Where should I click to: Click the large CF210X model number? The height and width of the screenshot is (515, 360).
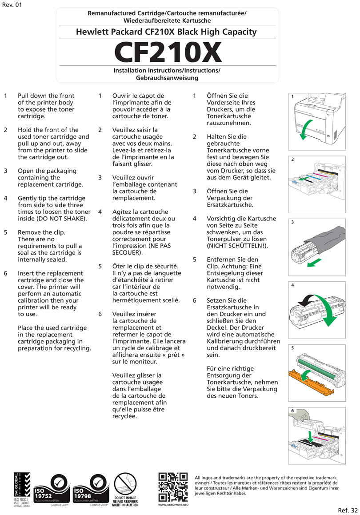168,52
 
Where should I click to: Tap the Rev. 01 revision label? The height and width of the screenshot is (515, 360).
12,5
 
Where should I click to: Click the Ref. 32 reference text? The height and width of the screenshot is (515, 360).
348,510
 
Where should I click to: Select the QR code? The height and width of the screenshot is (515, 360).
173,487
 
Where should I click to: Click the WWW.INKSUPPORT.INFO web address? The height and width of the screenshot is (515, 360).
173,505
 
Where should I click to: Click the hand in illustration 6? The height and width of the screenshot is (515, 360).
301,415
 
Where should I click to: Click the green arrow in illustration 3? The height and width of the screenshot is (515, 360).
314,263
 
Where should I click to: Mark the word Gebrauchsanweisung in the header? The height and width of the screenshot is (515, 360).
167,78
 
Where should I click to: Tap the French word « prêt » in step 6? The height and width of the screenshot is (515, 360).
172,355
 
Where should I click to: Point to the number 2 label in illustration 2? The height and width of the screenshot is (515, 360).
293,159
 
